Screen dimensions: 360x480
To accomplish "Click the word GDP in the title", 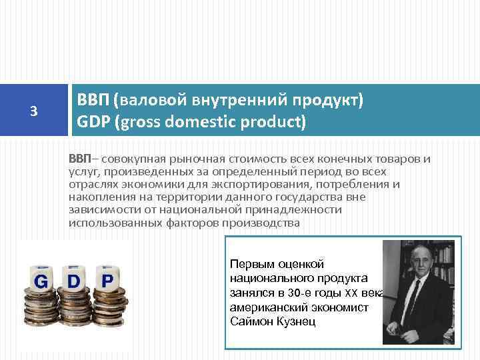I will pyautogui.click(x=95, y=123).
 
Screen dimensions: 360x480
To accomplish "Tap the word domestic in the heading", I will pyautogui.click(x=197, y=123).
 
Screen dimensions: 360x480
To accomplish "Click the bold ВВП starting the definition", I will pyautogui.click(x=79, y=158).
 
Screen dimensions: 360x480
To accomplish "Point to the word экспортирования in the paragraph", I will pyautogui.click(x=266, y=184).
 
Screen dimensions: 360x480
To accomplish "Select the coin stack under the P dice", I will pyautogui.click(x=107, y=308).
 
